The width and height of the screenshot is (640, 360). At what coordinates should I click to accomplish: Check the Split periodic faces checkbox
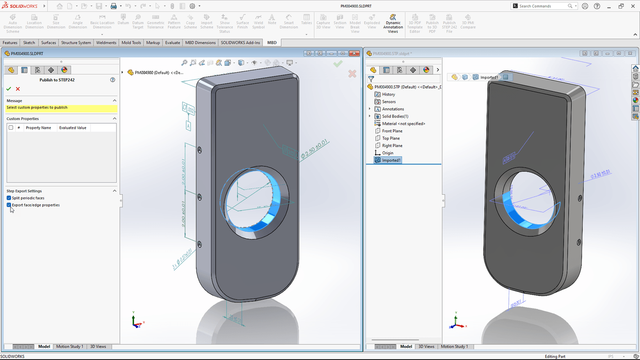click(9, 198)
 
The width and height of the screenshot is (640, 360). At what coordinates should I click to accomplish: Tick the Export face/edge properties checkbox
click(9, 205)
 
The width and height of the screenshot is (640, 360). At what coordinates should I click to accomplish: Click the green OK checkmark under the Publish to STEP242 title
click(9, 89)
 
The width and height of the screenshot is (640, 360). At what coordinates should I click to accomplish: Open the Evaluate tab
click(172, 42)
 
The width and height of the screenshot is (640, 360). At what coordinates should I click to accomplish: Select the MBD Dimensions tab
click(200, 42)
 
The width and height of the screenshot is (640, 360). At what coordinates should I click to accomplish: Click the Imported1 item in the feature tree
click(391, 160)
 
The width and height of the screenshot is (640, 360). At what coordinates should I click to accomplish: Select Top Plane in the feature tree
click(391, 138)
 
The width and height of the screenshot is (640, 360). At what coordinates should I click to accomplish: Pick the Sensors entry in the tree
click(389, 102)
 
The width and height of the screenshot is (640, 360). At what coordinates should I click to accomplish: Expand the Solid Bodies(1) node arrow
click(370, 116)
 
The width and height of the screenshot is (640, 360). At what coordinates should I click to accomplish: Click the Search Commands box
click(543, 6)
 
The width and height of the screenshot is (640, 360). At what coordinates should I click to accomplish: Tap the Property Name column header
click(38, 128)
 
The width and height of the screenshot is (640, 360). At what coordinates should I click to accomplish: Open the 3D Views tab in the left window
click(98, 347)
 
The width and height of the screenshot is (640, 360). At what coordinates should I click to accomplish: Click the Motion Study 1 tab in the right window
click(454, 347)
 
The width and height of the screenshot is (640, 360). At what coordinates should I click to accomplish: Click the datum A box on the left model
click(188, 124)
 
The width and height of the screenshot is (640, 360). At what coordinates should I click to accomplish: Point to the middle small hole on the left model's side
click(199, 197)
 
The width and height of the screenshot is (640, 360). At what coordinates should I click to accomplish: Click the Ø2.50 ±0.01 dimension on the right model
click(600, 175)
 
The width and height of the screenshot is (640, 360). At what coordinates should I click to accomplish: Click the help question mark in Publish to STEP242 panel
click(112, 80)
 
